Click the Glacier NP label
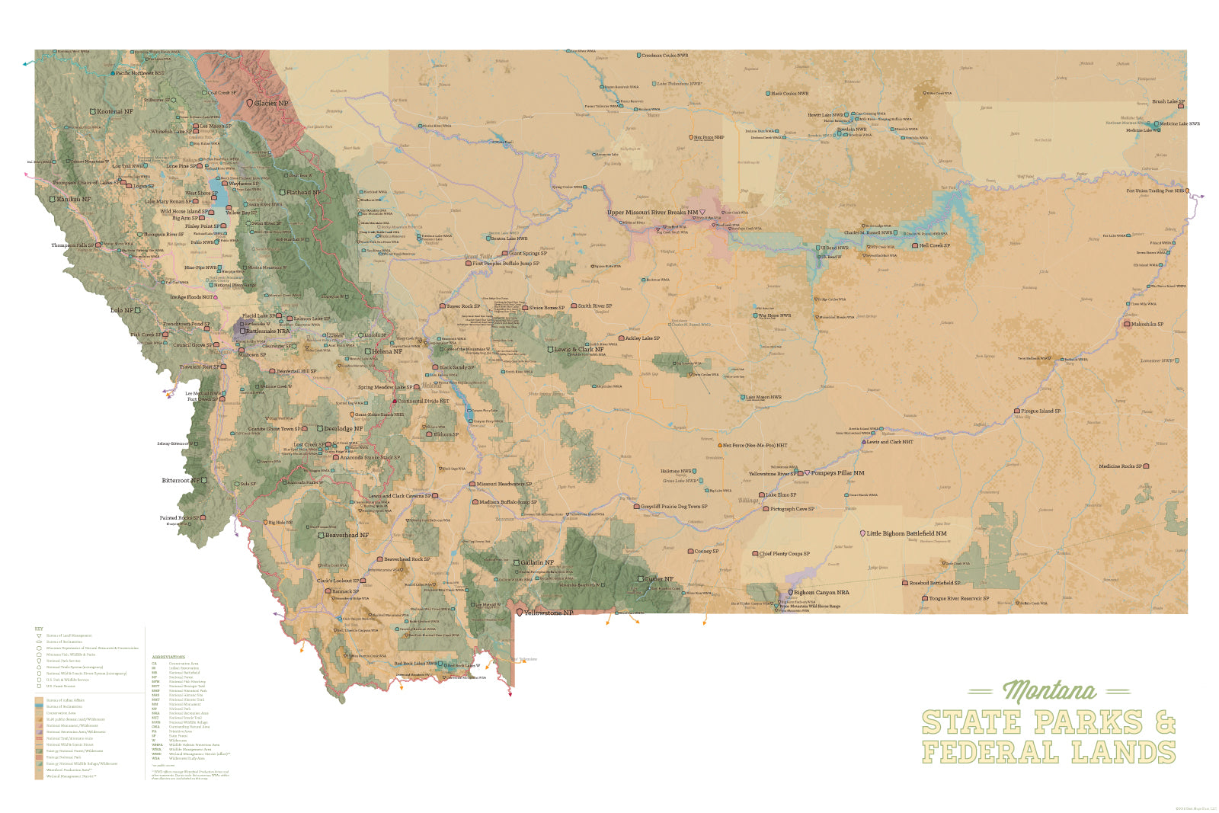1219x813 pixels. tap(271, 103)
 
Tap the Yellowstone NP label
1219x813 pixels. tap(548, 613)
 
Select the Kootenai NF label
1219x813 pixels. tap(114, 111)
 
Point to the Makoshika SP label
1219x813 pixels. tap(1147, 324)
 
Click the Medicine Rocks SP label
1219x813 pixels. tap(1120, 466)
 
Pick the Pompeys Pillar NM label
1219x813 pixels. tap(837, 473)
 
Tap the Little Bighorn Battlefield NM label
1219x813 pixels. tap(906, 533)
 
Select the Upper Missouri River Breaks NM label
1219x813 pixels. tap(652, 213)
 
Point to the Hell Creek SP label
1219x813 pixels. tap(934, 245)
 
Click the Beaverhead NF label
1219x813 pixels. tap(347, 535)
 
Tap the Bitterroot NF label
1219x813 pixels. tap(181, 481)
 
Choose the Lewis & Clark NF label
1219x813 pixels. tap(578, 350)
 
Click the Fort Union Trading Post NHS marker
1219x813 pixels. tap(1187, 191)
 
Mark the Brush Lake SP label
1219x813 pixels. tap(1167, 101)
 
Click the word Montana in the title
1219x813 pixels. tap(1049, 691)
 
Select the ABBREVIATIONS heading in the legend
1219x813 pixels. tap(168, 657)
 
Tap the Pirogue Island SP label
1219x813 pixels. tap(1041, 411)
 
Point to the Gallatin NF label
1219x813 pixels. tap(537, 563)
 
